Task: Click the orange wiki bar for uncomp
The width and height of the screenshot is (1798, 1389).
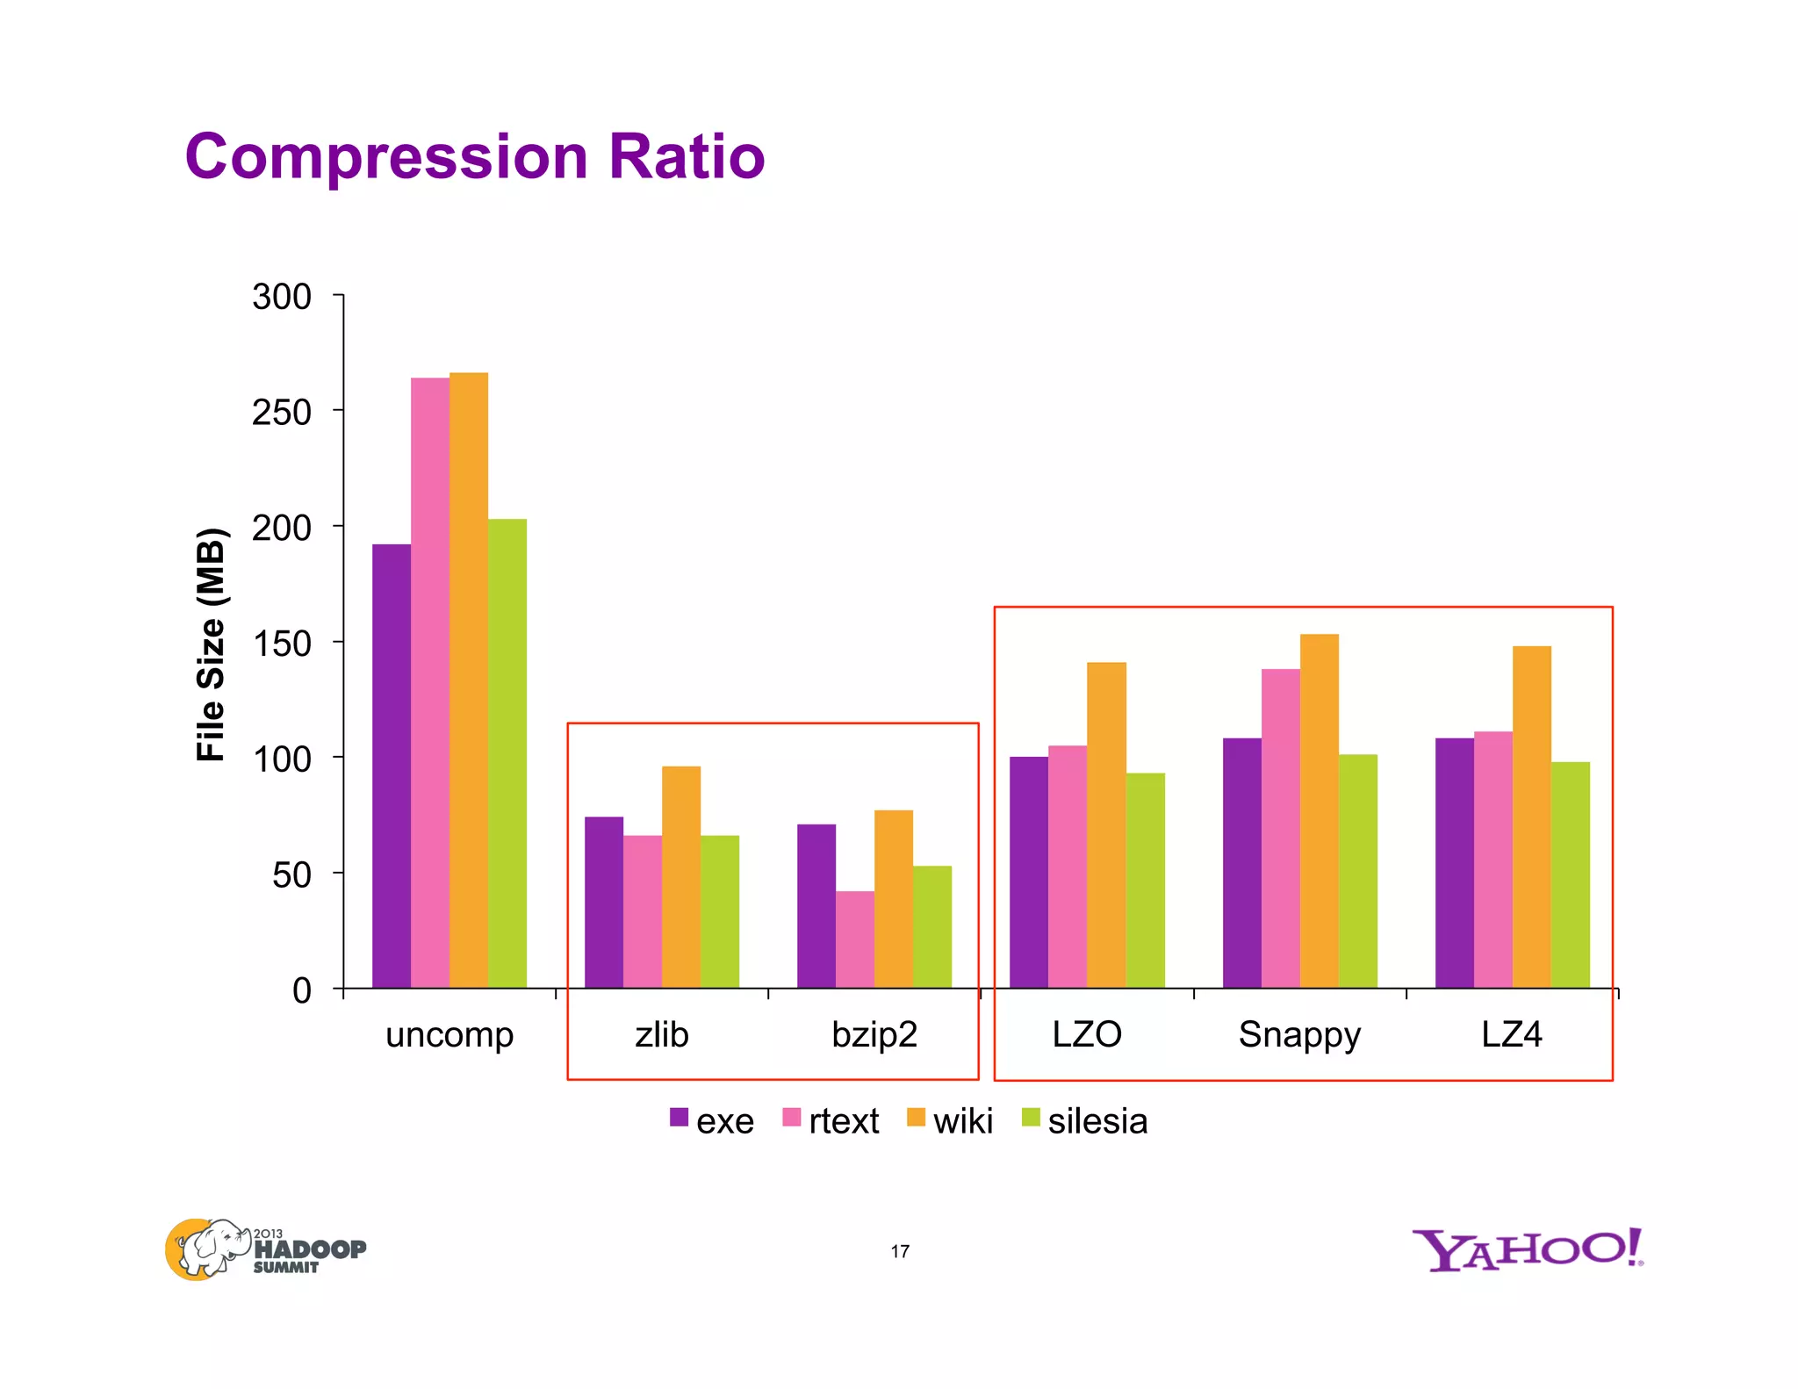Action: [469, 680]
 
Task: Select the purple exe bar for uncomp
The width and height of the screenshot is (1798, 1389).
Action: [392, 766]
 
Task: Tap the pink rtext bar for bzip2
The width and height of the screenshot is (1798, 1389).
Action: [854, 939]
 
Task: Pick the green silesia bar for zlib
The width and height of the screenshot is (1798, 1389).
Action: [720, 911]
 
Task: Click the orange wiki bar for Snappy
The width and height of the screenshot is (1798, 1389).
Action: [1319, 810]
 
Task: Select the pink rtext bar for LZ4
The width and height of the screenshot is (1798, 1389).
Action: [1492, 860]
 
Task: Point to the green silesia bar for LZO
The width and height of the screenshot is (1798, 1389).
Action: [1145, 880]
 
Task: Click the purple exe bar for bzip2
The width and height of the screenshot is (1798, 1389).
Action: [816, 906]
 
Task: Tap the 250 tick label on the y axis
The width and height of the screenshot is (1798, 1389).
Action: [281, 412]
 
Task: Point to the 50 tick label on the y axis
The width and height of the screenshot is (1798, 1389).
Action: [291, 874]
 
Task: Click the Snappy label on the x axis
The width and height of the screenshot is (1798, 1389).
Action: [1298, 1035]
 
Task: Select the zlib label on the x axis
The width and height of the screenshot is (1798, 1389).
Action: [661, 1034]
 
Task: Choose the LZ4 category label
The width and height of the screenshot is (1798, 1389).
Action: [1511, 1034]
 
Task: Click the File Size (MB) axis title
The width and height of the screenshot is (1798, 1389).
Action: [211, 644]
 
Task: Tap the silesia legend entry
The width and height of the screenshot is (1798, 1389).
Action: [1085, 1121]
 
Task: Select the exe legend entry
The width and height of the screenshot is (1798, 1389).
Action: [712, 1121]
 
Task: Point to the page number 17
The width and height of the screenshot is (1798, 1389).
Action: [900, 1251]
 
